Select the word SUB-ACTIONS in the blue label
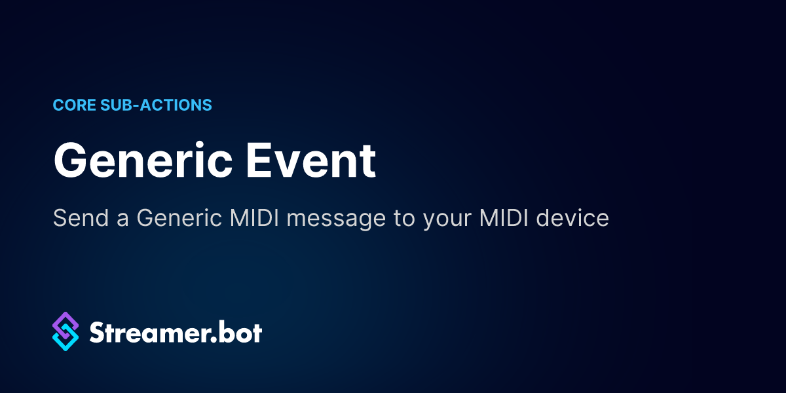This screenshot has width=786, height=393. (156, 105)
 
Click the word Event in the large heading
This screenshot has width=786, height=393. (311, 160)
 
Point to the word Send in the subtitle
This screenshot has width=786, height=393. (81, 218)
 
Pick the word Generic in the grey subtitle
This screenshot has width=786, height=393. (179, 218)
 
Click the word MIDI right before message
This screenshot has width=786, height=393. (254, 218)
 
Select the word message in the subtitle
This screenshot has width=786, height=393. (336, 220)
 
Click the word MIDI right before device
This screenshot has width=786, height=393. (504, 218)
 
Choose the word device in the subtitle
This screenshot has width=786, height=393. (572, 218)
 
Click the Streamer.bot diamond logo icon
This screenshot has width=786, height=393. (65, 331)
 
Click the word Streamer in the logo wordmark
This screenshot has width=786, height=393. (150, 332)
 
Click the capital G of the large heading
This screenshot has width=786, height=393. (70, 160)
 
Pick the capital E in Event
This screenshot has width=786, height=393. (258, 160)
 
